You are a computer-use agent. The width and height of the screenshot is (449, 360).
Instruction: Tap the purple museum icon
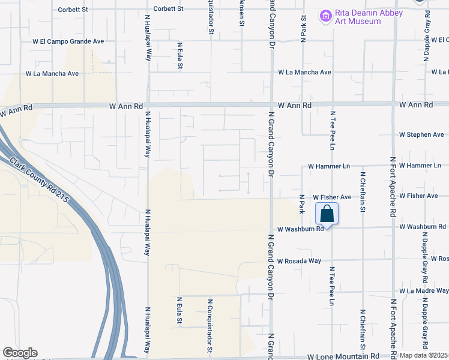325,16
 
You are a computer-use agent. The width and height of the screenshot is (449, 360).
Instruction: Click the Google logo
19,353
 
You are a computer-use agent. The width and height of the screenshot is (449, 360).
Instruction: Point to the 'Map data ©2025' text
424,355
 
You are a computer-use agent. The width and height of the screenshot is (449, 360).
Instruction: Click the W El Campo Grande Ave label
68,42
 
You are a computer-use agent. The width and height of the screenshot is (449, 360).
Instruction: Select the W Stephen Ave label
423,134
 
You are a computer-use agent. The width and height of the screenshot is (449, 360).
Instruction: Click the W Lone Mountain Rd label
343,356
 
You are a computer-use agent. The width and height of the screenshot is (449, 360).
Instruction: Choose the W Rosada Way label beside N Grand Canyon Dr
299,261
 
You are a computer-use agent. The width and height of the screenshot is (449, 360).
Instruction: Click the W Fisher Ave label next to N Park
332,197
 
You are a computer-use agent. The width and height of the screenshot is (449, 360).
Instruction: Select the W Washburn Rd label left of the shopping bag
300,229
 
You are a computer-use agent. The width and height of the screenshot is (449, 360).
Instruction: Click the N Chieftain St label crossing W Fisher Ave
363,193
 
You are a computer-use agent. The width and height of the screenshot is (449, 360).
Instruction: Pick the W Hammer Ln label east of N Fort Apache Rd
420,166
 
